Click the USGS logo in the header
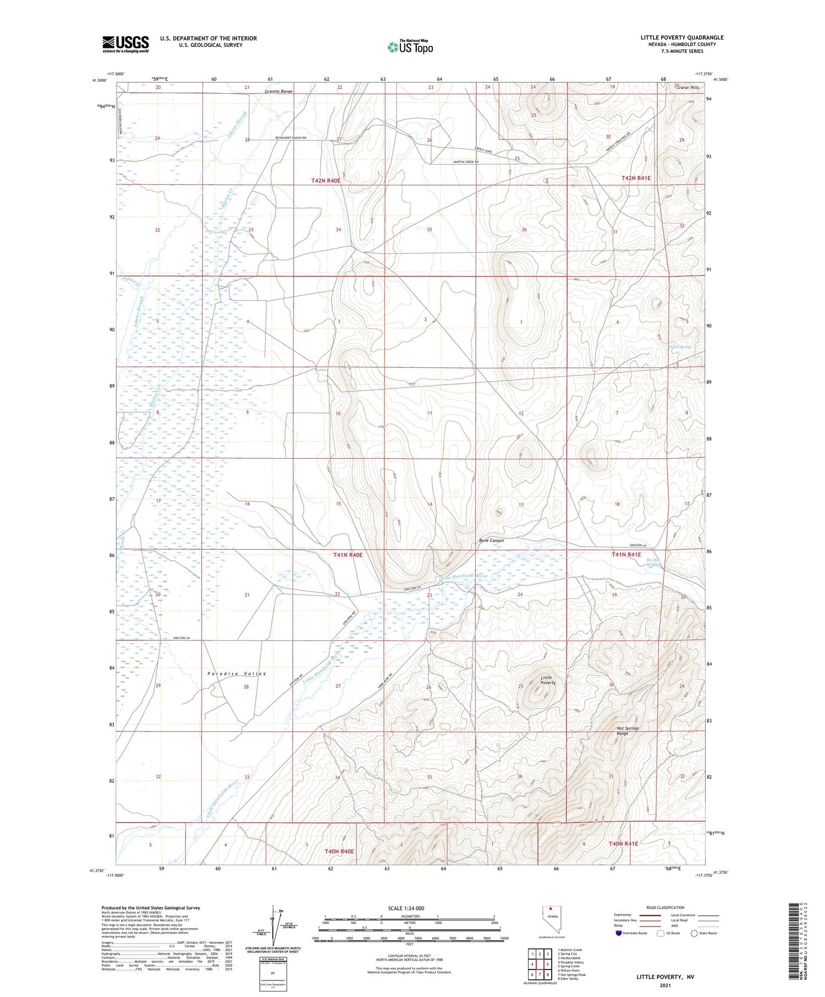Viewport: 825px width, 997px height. [x=125, y=43]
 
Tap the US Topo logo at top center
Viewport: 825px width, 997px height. [x=410, y=47]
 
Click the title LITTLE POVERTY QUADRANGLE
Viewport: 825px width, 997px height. [x=681, y=37]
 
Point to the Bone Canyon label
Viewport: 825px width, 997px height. [x=491, y=541]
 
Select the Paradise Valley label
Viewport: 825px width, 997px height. [x=237, y=674]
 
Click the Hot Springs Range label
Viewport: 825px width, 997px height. [x=627, y=731]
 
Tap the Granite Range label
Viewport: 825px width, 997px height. [x=278, y=91]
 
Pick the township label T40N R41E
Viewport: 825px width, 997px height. [x=623, y=844]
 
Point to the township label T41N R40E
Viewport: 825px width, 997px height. [x=348, y=555]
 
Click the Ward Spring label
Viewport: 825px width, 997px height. [x=679, y=347]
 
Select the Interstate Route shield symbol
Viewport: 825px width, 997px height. [x=619, y=933]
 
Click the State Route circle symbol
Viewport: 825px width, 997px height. [x=694, y=933]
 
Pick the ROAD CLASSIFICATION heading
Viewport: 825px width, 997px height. [x=665, y=907]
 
